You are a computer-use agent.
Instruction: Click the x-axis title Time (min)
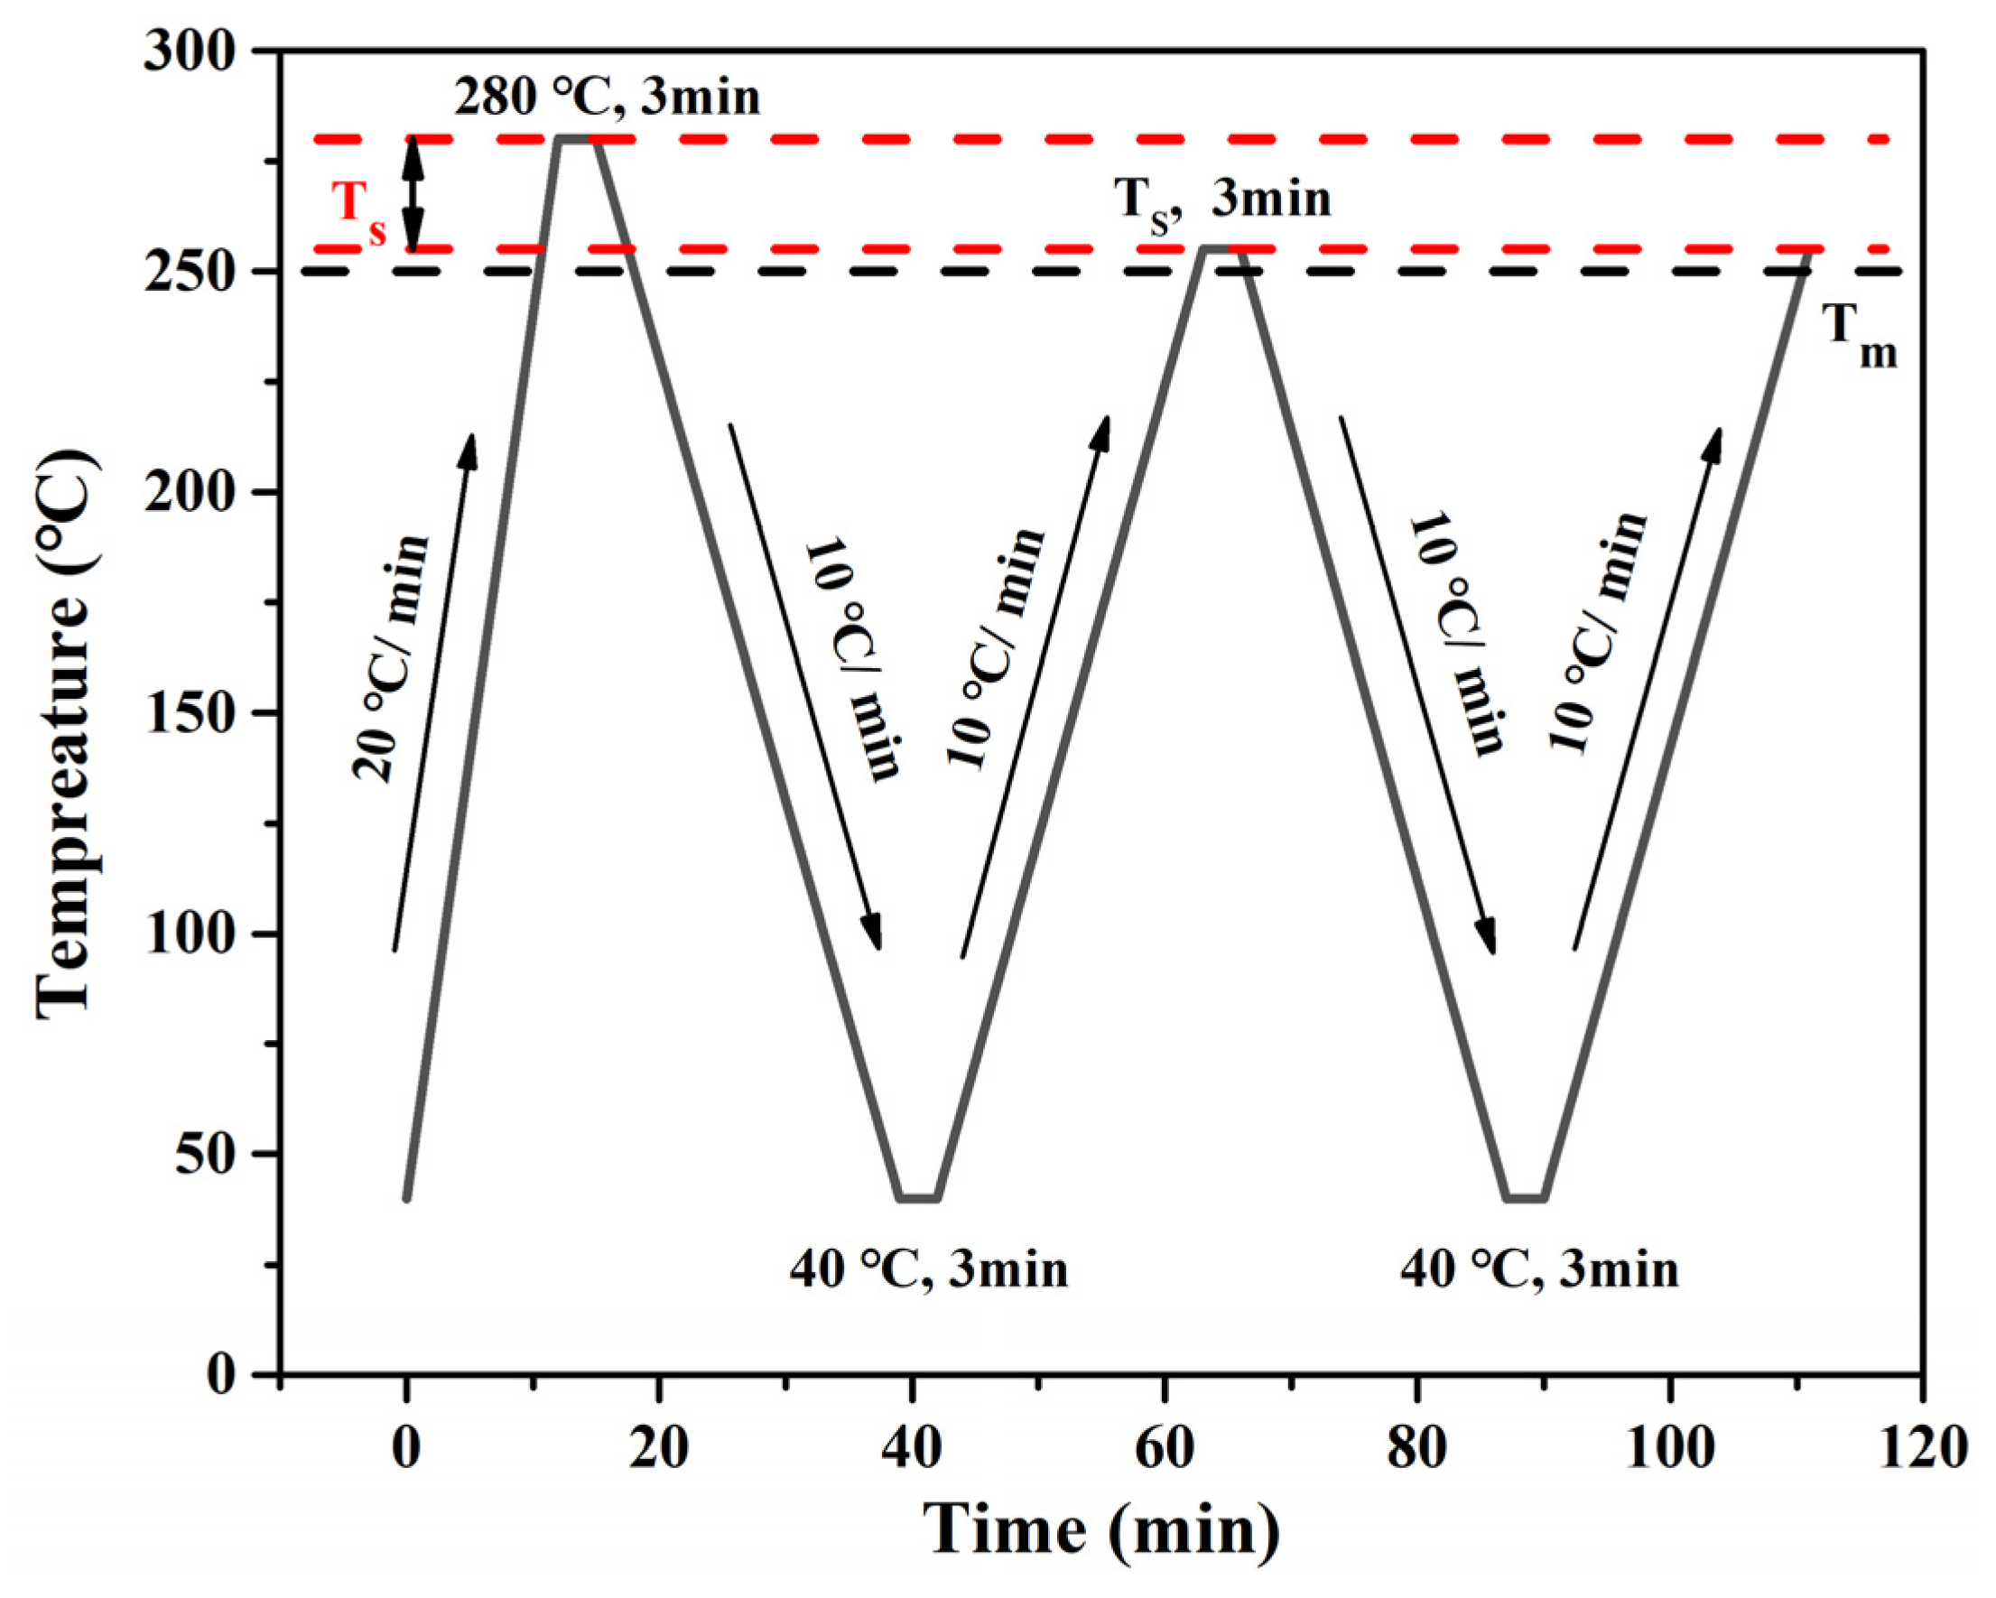tap(1101, 1529)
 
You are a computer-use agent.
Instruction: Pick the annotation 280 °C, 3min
tap(607, 98)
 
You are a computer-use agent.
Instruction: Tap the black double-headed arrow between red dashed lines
tap(413, 194)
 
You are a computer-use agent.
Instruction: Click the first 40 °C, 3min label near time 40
tap(929, 1268)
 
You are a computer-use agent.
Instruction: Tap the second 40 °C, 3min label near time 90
tap(1538, 1268)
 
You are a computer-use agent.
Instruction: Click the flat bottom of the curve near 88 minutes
tap(1526, 1198)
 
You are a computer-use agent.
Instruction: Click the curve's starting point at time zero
tap(406, 1198)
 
